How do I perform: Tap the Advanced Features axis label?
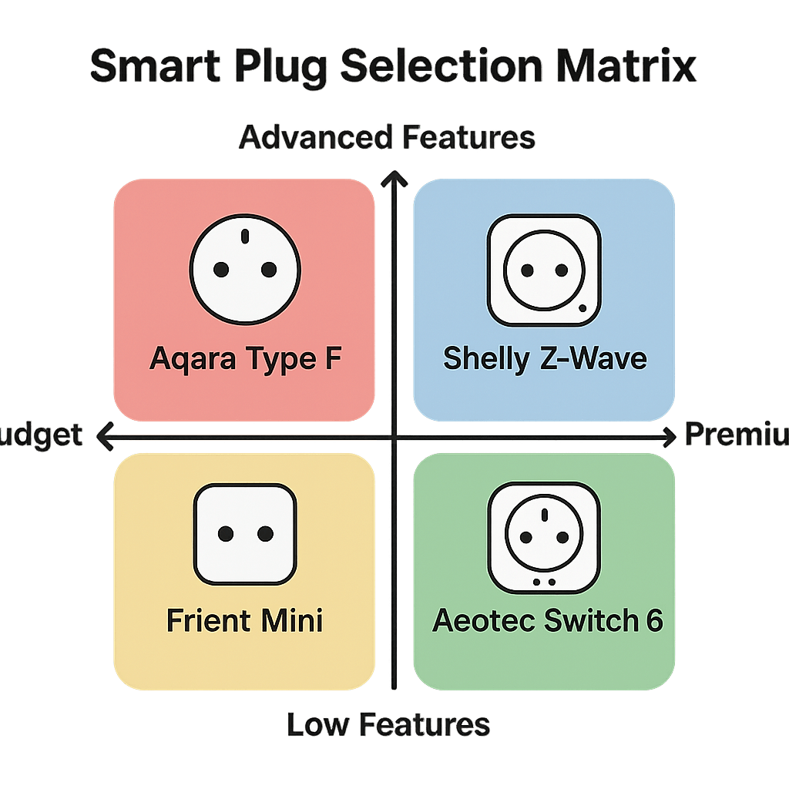click(x=388, y=138)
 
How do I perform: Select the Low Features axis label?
click(x=388, y=724)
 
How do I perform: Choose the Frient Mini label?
click(x=245, y=619)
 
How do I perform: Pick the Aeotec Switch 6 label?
click(x=548, y=619)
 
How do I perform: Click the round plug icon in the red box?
click(x=245, y=267)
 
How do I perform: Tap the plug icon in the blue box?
click(x=544, y=270)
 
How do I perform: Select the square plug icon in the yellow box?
click(x=245, y=534)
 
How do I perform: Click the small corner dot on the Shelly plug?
click(x=582, y=308)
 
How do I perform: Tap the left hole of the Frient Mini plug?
click(x=226, y=534)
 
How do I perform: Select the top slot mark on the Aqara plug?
click(x=245, y=236)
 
